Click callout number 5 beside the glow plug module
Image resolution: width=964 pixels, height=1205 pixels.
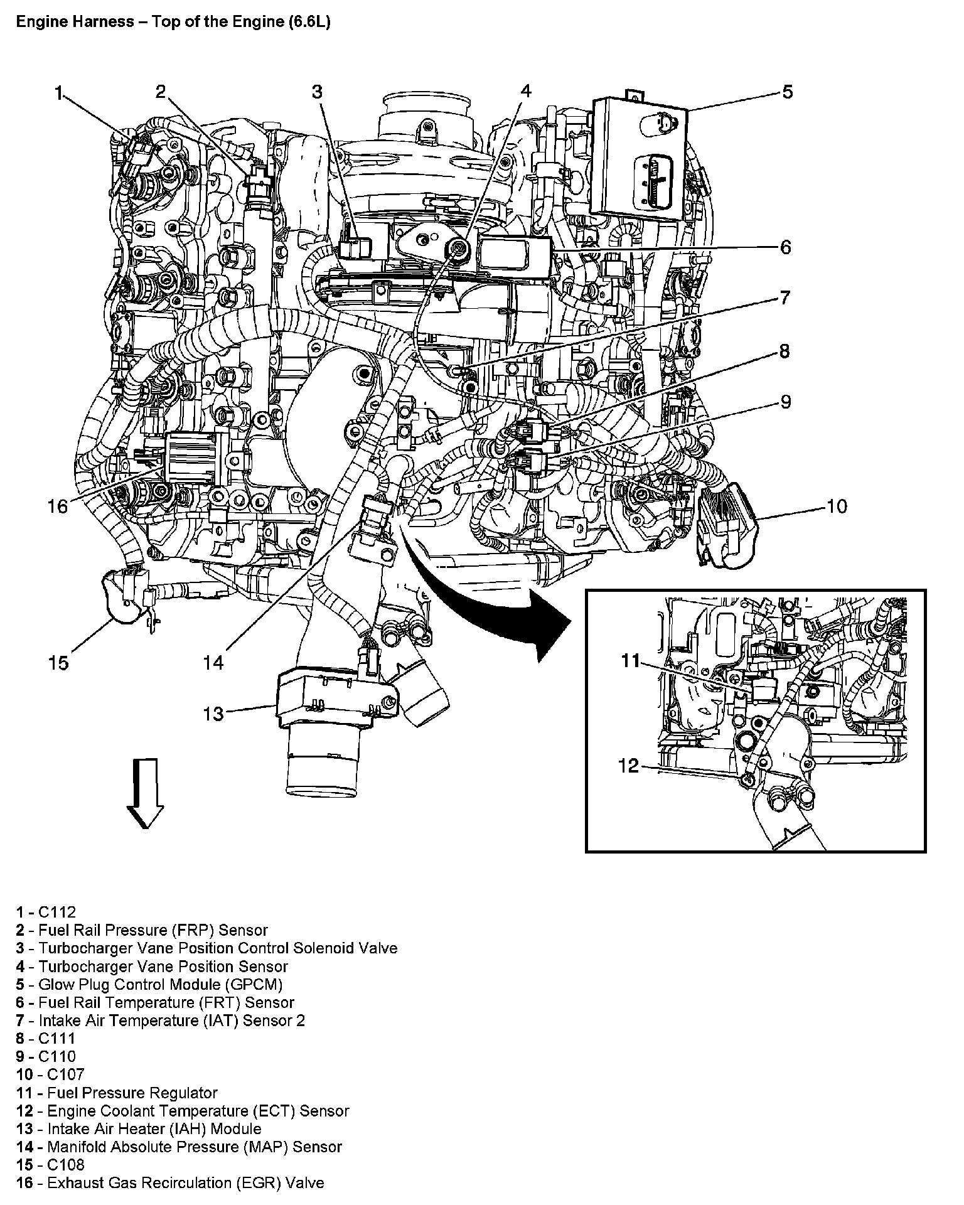point(787,92)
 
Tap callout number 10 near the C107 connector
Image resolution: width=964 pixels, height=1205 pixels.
point(837,506)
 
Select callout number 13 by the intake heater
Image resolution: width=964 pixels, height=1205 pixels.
point(213,714)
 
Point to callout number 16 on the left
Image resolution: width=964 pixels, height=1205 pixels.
point(58,506)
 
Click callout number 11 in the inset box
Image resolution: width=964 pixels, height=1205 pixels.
point(630,660)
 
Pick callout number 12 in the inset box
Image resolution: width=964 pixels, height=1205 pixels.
point(628,766)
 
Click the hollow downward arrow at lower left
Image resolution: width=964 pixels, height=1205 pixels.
point(145,793)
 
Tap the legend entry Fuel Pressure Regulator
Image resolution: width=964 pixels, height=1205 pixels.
point(132,1093)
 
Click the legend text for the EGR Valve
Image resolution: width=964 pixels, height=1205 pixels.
point(185,1183)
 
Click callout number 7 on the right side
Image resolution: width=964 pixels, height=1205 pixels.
point(785,297)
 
